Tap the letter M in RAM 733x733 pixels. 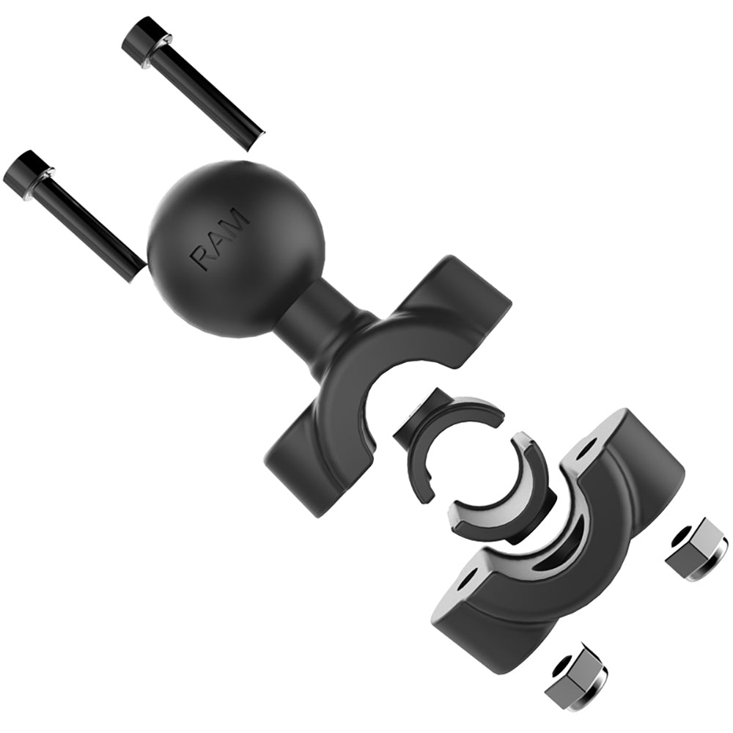click(236, 220)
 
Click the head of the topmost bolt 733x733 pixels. click(147, 40)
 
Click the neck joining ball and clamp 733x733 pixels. click(312, 315)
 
